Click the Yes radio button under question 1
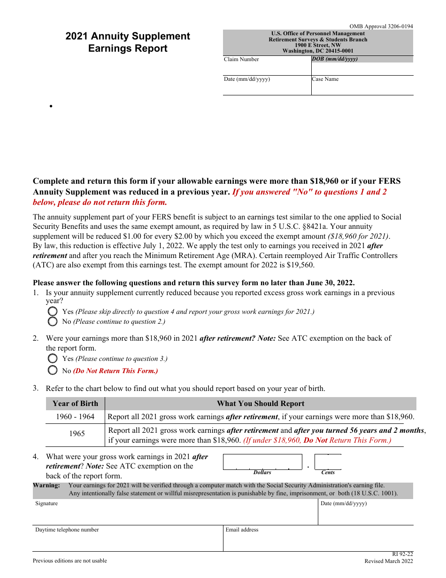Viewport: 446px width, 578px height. pyautogui.click(x=53, y=312)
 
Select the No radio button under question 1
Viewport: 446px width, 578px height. pyautogui.click(x=53, y=321)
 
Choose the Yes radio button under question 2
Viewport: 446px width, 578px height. pyautogui.click(x=53, y=358)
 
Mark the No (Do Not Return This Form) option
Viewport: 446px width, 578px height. pyautogui.click(x=53, y=370)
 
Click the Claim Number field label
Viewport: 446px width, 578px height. pyautogui.click(x=241, y=60)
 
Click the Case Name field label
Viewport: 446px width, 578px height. pyautogui.click(x=325, y=79)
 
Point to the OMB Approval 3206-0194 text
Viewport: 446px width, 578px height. pyautogui.click(x=381, y=27)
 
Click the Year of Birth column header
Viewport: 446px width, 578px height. pyautogui.click(x=75, y=404)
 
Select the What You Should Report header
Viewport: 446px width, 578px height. pyautogui.click(x=260, y=404)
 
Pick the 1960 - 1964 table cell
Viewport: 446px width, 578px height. pyautogui.click(x=75, y=417)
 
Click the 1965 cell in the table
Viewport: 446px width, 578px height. pyautogui.click(x=77, y=434)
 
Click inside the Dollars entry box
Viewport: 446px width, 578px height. pyautogui.click(x=262, y=461)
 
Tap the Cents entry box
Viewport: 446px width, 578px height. pyautogui.click(x=328, y=461)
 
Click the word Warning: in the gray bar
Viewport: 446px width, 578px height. pyautogui.click(x=46, y=485)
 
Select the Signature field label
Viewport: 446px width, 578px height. pyautogui.click(x=46, y=504)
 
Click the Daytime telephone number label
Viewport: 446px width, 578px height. pyautogui.click(x=67, y=530)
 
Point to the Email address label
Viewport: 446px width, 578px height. pyautogui.click(x=242, y=530)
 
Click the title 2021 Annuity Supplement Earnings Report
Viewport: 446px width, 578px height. pyautogui.click(x=128, y=42)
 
